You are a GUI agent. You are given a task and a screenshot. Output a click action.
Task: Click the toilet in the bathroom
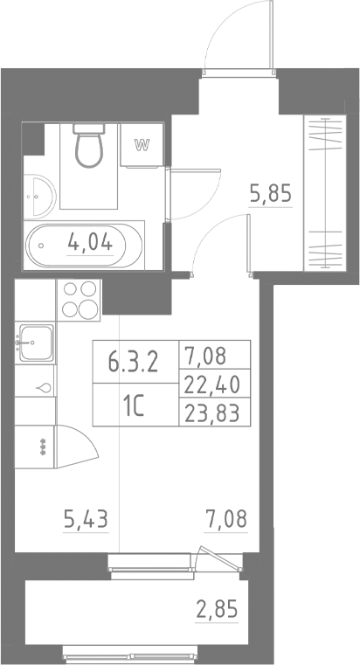pos(89,146)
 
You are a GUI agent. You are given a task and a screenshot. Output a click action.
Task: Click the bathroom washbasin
pos(38,196)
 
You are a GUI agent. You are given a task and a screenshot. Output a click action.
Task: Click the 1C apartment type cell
pos(133,407)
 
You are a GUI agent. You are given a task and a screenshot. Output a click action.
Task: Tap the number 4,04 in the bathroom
pos(91,243)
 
